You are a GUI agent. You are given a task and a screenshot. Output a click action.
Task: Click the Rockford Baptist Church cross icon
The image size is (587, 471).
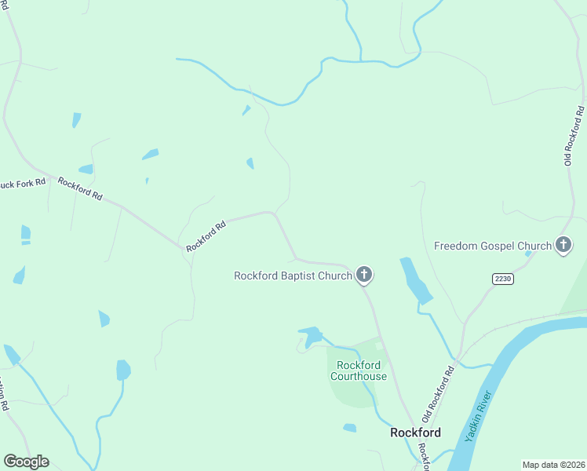363,275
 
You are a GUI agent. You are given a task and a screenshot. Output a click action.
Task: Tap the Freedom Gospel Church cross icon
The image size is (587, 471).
563,246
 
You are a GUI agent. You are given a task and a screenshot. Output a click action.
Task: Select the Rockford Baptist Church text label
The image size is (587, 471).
293,276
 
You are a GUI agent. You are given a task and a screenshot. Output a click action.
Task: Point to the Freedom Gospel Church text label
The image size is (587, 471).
493,246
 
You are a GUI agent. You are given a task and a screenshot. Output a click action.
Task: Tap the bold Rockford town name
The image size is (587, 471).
416,433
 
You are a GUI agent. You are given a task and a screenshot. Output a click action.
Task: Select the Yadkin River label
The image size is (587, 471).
480,415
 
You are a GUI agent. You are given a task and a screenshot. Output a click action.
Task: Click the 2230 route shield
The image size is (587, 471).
503,279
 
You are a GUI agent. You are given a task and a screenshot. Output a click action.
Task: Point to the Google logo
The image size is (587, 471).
26,462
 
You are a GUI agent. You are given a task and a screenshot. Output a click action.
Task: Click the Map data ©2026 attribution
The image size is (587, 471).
552,465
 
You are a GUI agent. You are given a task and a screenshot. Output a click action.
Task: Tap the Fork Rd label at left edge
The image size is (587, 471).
24,183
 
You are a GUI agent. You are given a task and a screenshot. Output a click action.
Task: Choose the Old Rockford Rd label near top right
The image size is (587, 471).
574,136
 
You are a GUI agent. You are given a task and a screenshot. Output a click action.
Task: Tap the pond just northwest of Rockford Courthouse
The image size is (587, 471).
311,335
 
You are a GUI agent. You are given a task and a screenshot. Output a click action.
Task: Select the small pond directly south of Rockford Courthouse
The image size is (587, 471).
349,428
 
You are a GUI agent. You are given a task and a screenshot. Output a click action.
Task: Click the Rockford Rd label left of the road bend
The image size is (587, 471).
206,235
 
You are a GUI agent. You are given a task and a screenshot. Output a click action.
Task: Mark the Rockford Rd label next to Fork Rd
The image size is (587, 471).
80,188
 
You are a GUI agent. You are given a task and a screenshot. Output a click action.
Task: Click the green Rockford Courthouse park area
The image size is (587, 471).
345,392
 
